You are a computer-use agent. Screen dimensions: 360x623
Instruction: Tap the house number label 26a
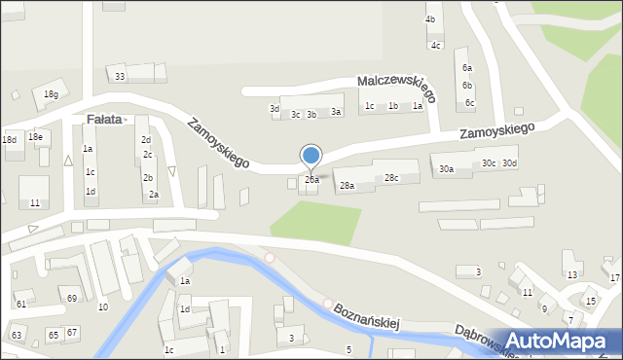[311, 180]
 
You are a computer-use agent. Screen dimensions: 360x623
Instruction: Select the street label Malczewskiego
[396, 90]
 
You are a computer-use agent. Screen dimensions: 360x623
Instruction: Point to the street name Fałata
[104, 120]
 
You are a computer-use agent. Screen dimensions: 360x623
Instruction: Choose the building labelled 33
[120, 76]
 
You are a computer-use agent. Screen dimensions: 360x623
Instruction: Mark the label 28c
[390, 178]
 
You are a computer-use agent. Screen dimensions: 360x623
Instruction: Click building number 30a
[446, 169]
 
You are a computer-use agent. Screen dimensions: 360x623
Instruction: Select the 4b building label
[430, 19]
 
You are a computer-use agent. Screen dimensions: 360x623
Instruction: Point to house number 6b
[467, 86]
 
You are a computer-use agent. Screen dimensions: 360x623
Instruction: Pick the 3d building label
[275, 109]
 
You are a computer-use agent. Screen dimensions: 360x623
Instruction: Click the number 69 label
[72, 298]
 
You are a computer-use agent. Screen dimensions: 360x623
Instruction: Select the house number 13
[572, 275]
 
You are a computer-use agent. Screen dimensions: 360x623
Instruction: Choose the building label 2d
[145, 140]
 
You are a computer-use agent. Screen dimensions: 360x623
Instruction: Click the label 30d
[510, 162]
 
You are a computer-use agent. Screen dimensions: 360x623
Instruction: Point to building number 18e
[35, 137]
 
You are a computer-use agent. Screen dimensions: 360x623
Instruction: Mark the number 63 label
[16, 336]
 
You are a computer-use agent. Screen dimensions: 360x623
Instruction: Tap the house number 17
[614, 278]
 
